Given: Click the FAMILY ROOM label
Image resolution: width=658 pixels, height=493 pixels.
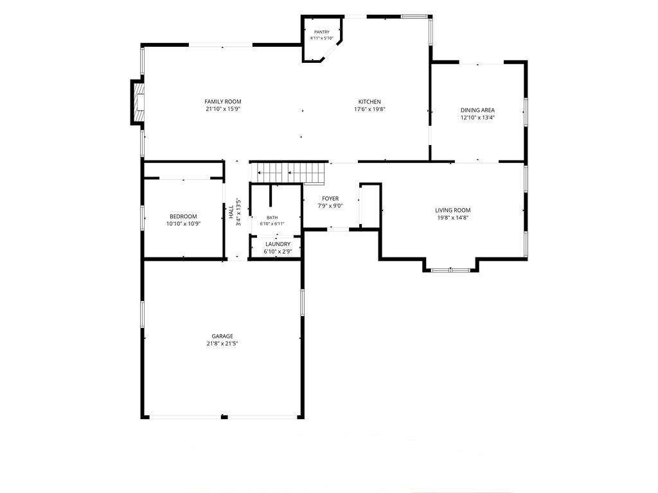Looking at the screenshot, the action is coord(223,101).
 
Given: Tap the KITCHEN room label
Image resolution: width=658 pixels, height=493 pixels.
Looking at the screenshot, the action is coord(369,101).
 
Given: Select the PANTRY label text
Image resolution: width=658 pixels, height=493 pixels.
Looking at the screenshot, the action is coord(322,32).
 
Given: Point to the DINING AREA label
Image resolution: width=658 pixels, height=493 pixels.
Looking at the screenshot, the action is coord(477,110).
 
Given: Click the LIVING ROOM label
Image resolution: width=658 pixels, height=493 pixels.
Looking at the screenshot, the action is coord(453,210).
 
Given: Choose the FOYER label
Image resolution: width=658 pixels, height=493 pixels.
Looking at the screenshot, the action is coord(330,198).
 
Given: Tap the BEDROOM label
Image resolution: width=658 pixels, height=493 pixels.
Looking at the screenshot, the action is coord(183,216).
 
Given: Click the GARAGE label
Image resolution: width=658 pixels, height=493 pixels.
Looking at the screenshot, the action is coord(222,336).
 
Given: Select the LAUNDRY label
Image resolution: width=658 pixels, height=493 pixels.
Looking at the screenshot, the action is coord(278,244).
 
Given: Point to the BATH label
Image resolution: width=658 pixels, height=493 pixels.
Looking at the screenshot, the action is coord(272,218).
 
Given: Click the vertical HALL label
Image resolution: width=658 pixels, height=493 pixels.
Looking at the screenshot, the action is coord(231,212).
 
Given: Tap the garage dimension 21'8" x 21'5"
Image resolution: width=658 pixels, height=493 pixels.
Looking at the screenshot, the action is coord(222,344).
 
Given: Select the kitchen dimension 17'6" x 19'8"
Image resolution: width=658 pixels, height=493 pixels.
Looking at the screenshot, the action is coord(369,109).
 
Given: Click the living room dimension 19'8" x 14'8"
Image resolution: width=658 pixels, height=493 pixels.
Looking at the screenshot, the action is coord(453,218).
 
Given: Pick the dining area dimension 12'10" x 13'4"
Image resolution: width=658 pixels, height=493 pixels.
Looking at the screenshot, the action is coord(477,118).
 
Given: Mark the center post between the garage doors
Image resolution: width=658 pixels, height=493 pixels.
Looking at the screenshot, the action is coord(224,417).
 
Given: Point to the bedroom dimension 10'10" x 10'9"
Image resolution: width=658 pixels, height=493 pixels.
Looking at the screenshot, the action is coord(183,224).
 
